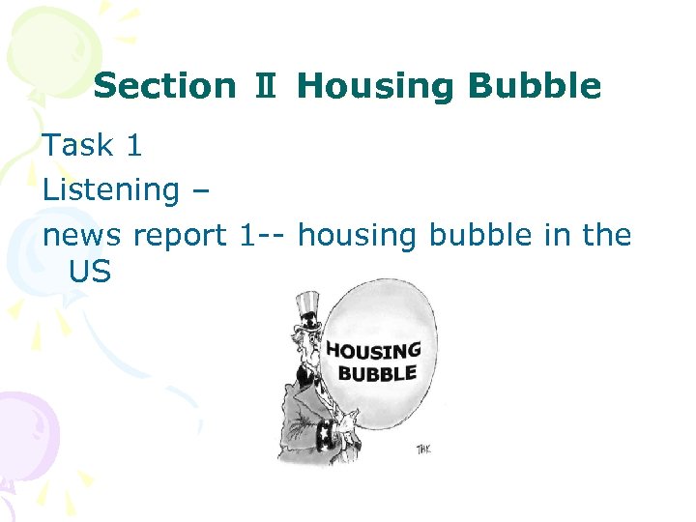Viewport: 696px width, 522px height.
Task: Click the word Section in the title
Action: tap(164, 87)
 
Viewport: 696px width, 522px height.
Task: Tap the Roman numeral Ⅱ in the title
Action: tap(267, 87)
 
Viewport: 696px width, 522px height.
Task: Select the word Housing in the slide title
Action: tap(378, 87)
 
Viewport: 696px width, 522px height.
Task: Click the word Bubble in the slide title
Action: tap(535, 87)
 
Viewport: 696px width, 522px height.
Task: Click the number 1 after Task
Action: tap(133, 145)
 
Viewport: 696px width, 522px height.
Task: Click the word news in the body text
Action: tap(84, 235)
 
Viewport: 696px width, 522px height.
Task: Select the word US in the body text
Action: tap(90, 273)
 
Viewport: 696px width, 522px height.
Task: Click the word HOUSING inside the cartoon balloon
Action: tap(373, 352)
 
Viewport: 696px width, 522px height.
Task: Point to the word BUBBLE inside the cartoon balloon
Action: tap(376, 374)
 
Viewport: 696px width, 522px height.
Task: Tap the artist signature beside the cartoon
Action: tap(423, 449)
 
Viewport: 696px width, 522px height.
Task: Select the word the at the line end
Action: tap(604, 235)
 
